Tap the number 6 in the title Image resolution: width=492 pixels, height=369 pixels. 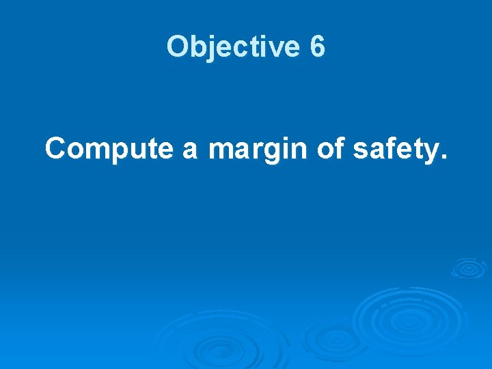pos(318,47)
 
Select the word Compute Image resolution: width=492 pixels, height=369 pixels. pos(109,148)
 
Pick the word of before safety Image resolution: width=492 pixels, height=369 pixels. pos(331,148)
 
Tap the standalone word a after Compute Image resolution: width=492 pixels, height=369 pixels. pos(190,150)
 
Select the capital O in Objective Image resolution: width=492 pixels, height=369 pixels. pos(176,47)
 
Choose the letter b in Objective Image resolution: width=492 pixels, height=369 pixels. pos(195,47)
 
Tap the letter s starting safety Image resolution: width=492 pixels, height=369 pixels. pos(360,150)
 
